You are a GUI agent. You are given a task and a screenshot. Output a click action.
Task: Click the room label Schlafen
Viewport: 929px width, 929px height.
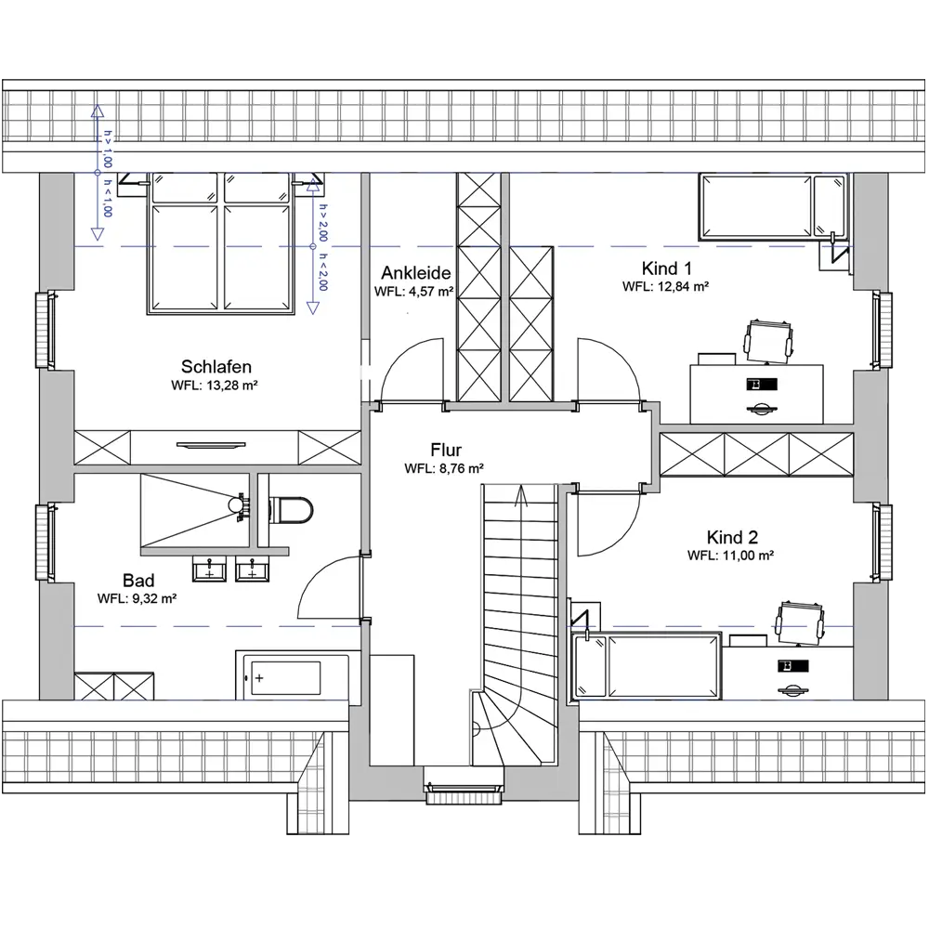point(216,366)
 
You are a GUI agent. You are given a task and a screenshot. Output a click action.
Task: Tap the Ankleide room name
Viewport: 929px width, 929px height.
point(416,272)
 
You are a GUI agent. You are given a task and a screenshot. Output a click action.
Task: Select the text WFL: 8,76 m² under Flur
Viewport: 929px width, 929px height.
point(444,468)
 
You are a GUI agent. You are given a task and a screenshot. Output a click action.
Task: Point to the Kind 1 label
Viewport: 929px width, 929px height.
point(666,268)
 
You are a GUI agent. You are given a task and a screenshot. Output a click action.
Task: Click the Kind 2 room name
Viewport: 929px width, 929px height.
point(732,537)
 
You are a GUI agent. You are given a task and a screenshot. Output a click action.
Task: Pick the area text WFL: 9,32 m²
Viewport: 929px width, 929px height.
point(137,598)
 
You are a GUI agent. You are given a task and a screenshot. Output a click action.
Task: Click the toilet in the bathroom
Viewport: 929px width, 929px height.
point(290,509)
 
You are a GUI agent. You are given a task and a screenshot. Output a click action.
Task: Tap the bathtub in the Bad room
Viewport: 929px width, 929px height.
point(294,676)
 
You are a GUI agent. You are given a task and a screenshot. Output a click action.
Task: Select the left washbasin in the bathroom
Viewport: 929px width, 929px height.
point(209,569)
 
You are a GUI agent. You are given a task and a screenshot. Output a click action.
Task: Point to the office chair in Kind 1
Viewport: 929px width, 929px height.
point(768,341)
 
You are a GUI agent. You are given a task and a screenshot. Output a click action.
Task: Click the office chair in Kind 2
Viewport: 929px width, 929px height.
point(800,622)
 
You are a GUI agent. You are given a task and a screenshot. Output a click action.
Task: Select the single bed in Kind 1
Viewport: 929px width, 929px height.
point(773,206)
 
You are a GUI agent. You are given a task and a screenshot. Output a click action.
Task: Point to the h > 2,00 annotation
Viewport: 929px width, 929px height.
point(323,223)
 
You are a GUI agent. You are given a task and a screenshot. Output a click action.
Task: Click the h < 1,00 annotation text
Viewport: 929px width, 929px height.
point(107,199)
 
